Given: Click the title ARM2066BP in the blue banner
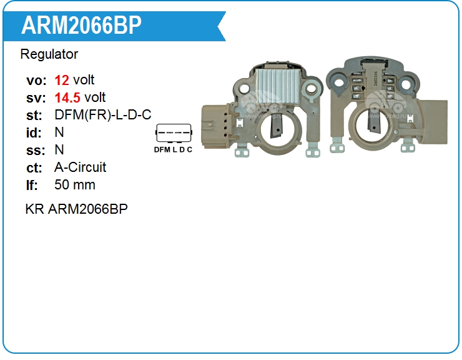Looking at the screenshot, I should click(82, 25).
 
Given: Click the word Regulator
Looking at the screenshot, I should click(49, 54).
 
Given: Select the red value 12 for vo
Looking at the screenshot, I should click(62, 80).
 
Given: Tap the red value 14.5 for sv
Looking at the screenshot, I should click(67, 97).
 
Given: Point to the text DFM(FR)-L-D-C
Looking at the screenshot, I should click(103, 115).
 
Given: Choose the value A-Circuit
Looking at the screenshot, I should click(81, 167).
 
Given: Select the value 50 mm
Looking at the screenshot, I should click(75, 185).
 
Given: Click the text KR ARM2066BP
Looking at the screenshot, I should click(76, 209).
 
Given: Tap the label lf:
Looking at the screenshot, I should click(32, 185).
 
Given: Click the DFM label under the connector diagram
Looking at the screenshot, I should click(162, 149).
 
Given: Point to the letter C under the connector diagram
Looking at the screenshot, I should click(189, 149).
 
